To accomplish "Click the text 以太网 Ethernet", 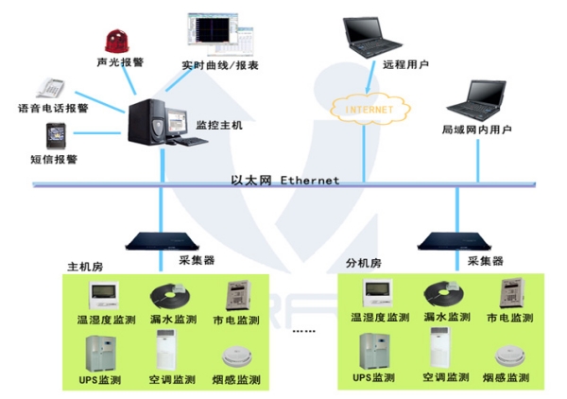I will pos(284,180).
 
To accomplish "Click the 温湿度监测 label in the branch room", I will pos(379,318).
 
